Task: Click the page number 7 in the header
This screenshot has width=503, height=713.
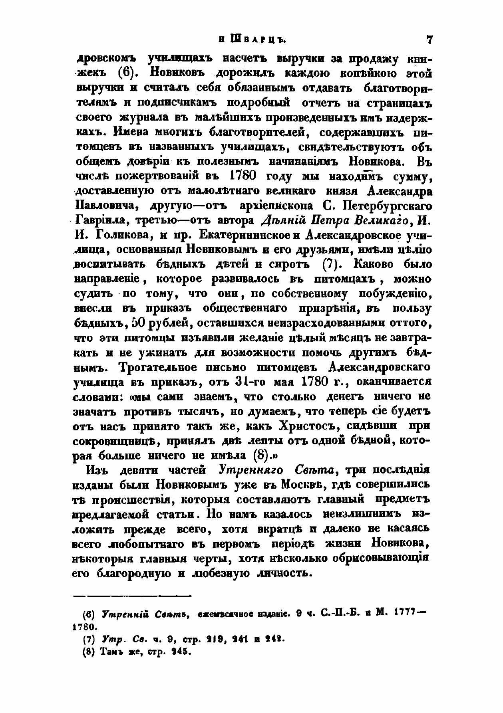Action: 429,40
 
